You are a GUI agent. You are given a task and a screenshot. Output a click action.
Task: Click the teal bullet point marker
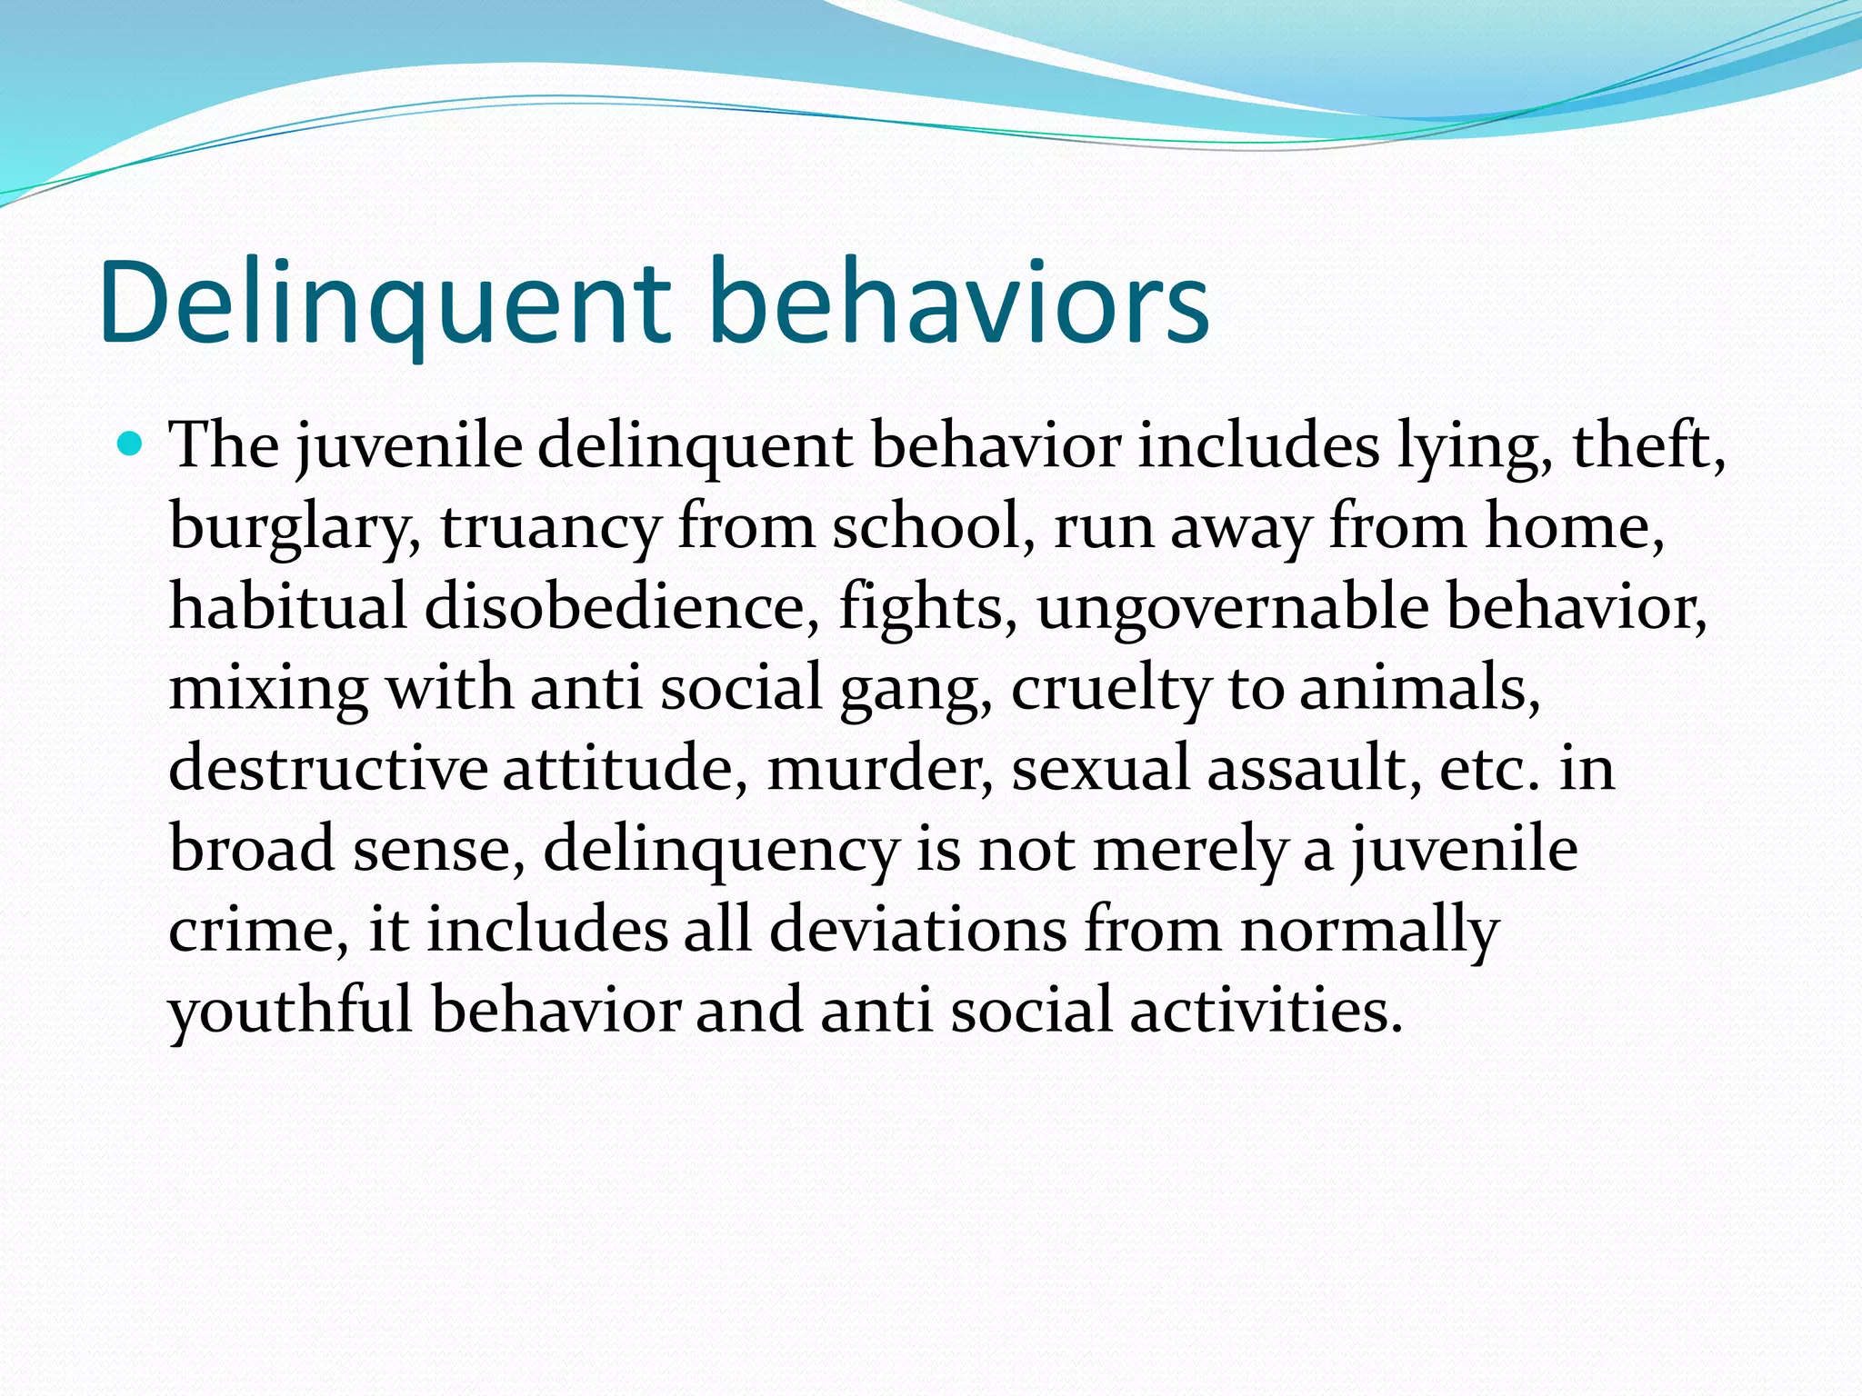click(131, 444)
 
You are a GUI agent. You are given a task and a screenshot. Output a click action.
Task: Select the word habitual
click(287, 606)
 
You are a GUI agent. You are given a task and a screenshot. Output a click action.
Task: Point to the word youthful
click(291, 1011)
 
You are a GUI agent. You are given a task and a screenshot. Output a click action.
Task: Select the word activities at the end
click(1266, 1010)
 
